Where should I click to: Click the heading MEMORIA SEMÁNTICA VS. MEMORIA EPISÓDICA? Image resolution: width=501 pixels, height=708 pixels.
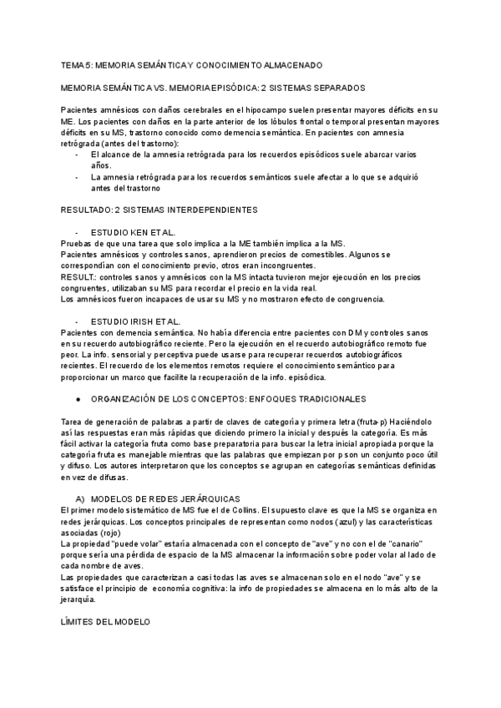click(x=213, y=87)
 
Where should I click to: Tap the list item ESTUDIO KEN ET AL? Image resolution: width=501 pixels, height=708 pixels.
click(x=134, y=231)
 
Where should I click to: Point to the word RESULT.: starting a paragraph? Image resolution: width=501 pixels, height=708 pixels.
click(x=79, y=276)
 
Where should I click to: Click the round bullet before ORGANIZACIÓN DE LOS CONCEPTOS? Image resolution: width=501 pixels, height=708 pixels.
click(x=78, y=377)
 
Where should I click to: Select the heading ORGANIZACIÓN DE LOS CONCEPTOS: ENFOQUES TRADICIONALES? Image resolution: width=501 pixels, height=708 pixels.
click(x=227, y=377)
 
